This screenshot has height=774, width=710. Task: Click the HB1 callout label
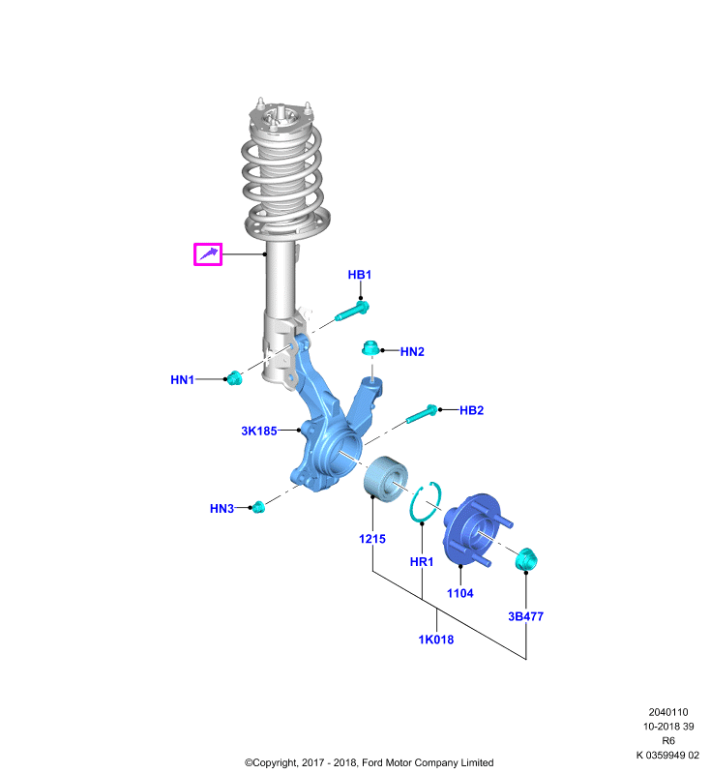(359, 275)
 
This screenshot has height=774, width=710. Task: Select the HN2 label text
(412, 351)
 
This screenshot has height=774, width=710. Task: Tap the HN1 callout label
(182, 379)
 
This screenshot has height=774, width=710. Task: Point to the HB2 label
(471, 410)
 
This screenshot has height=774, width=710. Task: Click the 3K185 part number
(259, 431)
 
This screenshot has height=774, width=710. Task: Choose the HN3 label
(222, 509)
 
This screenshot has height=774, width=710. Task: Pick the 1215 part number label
(372, 539)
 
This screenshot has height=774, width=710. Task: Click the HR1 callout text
(422, 562)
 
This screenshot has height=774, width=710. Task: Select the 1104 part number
(459, 593)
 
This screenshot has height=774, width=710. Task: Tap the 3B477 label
(525, 616)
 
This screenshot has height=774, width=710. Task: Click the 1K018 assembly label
(435, 640)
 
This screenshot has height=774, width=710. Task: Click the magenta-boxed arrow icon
(208, 254)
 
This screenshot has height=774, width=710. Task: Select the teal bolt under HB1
(352, 312)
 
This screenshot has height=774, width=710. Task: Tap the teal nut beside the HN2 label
(370, 348)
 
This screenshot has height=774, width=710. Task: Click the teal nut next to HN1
(234, 377)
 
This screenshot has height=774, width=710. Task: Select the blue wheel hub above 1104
(473, 529)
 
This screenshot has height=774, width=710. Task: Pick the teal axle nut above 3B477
(526, 559)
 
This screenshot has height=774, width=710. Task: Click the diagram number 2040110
(668, 712)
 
